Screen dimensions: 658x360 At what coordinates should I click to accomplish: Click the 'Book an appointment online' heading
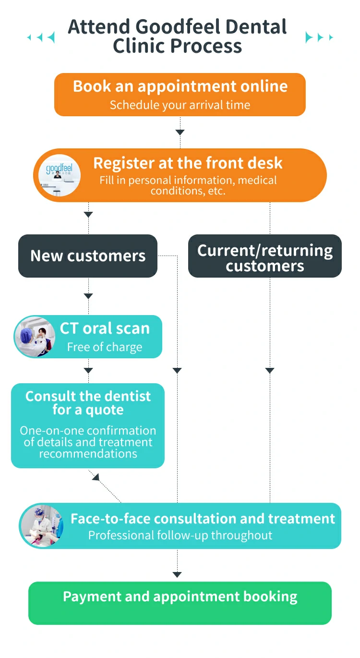point(180,86)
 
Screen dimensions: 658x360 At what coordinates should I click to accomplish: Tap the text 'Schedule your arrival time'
point(180,105)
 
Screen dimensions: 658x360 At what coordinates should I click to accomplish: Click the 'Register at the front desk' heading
point(188,163)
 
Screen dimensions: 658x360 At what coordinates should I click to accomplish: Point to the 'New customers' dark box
point(88,256)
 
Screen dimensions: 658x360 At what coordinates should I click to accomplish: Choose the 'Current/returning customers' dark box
point(265,256)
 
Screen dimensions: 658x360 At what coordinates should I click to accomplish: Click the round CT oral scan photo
point(35,337)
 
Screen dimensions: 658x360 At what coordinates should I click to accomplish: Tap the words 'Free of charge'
point(105,347)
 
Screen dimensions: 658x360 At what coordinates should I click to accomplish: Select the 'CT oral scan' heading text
point(105,329)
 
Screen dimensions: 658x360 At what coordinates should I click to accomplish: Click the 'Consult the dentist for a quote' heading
point(88,403)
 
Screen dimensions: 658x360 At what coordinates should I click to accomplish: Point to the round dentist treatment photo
point(42,526)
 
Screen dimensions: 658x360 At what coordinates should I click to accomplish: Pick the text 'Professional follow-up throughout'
point(180,535)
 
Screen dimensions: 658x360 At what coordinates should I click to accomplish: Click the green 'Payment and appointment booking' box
point(180,603)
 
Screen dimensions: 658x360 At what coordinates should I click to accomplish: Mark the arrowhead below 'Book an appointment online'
point(180,132)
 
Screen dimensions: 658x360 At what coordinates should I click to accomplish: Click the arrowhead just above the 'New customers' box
point(88,215)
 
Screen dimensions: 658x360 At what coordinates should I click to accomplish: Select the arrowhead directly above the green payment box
point(177,574)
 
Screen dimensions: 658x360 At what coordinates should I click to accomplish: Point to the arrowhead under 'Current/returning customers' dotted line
point(270,370)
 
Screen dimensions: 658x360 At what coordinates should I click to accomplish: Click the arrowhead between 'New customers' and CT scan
point(88,296)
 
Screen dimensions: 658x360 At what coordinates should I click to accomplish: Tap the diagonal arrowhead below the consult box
point(96,477)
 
